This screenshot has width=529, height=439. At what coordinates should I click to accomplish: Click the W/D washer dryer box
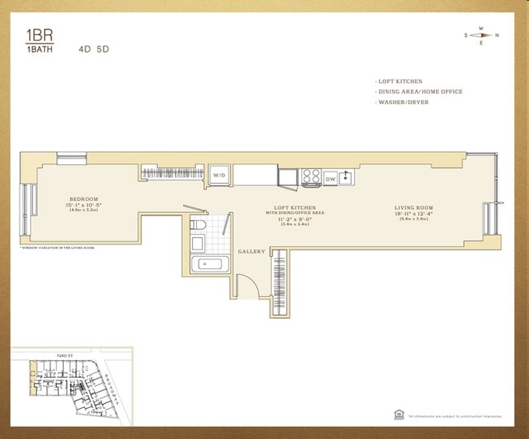tap(220, 176)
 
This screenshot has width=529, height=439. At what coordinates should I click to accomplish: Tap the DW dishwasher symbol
tap(330, 178)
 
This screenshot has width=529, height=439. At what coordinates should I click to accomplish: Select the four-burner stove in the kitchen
tap(311, 176)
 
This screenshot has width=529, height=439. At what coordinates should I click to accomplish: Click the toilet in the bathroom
tap(198, 225)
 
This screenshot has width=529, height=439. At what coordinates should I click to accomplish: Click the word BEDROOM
tap(84, 199)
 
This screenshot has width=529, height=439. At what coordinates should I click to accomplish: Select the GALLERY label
tap(251, 252)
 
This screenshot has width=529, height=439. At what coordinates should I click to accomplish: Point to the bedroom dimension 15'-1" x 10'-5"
tap(84, 205)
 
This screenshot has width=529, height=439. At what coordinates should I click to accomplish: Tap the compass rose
tap(481, 35)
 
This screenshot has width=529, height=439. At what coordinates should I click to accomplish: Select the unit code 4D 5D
tap(94, 49)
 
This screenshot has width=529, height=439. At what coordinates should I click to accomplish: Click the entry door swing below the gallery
tap(245, 287)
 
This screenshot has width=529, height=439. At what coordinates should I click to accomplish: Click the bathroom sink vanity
tap(198, 243)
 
